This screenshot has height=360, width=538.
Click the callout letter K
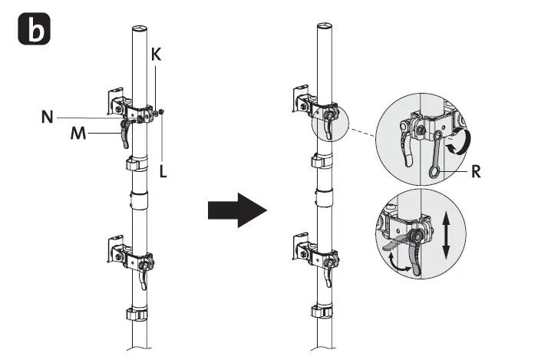pos(157,56)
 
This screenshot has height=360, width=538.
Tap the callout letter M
pos(78,133)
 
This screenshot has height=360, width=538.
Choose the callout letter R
pos(476,173)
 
